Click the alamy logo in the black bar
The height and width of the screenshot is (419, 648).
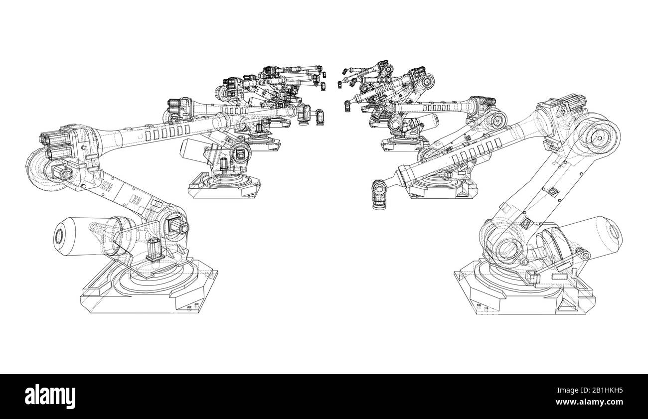coord(51,396)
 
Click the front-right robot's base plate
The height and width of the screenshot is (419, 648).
coord(523,294)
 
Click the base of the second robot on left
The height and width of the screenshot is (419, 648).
coord(224,187)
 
